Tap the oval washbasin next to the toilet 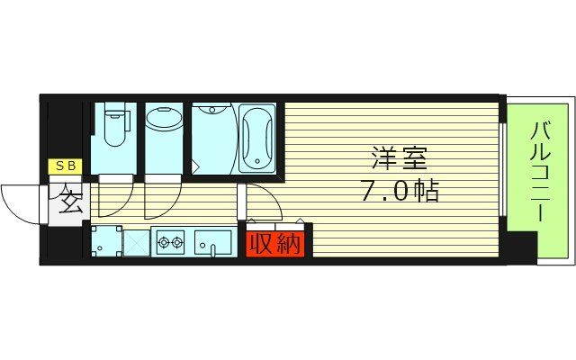coord(163,121)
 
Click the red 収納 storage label coord(275,243)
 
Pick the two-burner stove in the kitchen coord(169,240)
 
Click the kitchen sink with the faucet coord(212,241)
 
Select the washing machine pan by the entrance coord(106,241)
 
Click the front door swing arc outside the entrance coord(22,202)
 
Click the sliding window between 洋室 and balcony coord(502,162)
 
